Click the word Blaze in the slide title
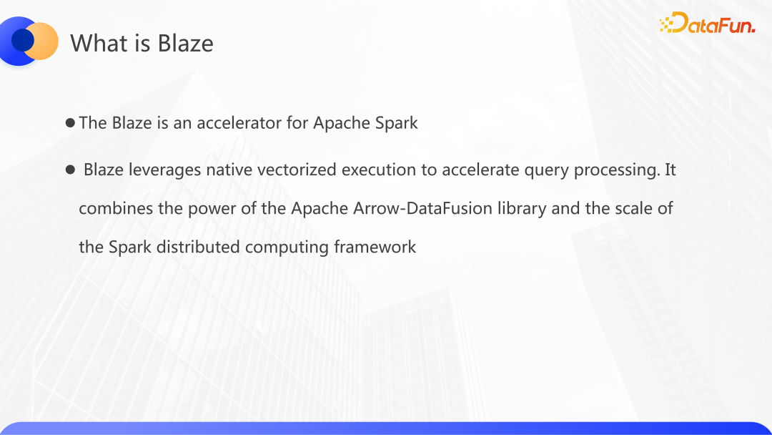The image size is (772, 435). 186,43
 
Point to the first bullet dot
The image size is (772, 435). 70,122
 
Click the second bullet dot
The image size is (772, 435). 70,170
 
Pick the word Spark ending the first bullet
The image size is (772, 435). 396,122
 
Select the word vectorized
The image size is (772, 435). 297,170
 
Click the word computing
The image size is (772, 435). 287,247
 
